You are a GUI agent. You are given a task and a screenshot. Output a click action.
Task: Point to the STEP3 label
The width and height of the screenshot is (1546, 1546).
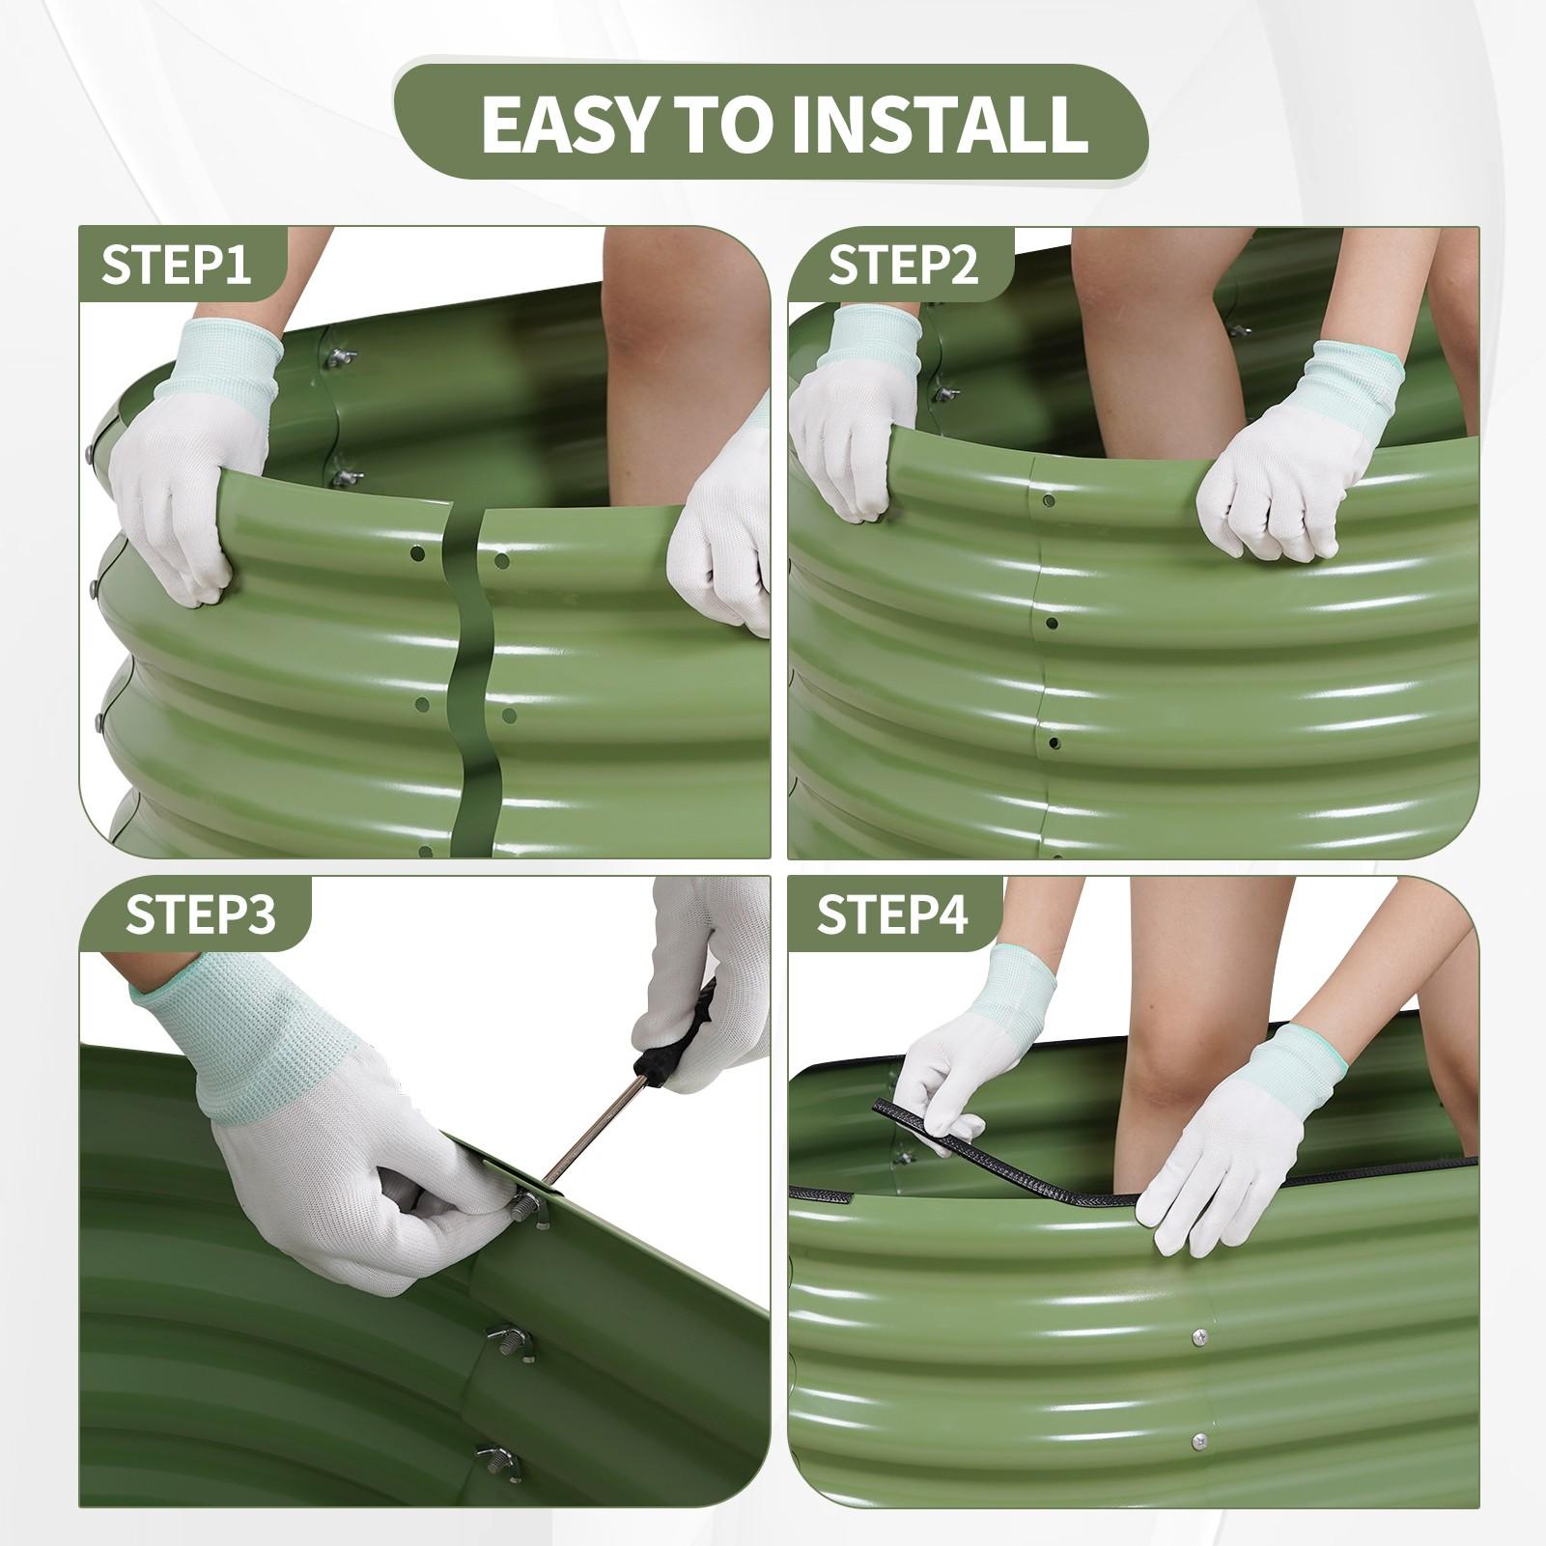200,914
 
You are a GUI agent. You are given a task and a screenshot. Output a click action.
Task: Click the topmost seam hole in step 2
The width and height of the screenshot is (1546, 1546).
1050,500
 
